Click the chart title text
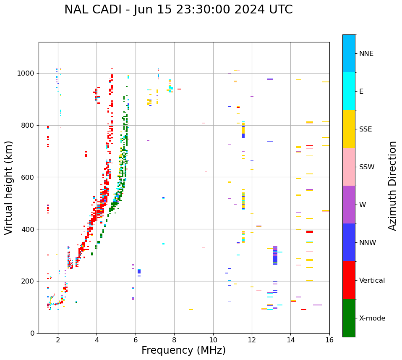click(x=178, y=10)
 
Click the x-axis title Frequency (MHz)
click(x=183, y=350)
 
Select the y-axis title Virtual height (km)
click(x=9, y=187)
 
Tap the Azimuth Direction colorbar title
click(x=392, y=186)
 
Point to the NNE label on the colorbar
click(x=366, y=54)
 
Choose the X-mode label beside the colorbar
click(x=372, y=318)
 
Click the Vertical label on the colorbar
click(x=372, y=281)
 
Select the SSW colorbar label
click(x=367, y=167)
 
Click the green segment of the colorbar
click(x=349, y=318)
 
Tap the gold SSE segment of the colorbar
click(x=349, y=129)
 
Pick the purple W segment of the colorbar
click(x=349, y=205)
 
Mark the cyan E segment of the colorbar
click(x=349, y=91)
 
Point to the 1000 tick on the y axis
click(x=26, y=74)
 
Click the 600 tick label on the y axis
click(x=28, y=177)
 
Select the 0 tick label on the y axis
click(x=32, y=333)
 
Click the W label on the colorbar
click(x=363, y=205)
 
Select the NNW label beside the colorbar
click(x=367, y=243)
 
